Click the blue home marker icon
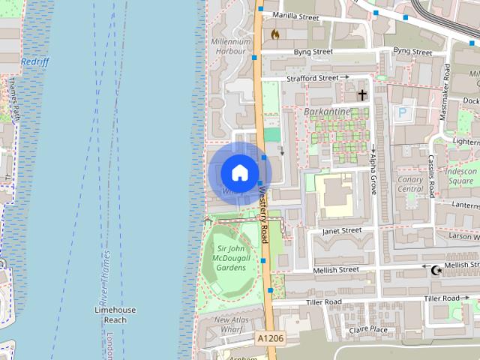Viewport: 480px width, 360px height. (x=238, y=172)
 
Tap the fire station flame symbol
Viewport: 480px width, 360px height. (x=275, y=34)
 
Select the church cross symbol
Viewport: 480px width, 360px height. (x=362, y=95)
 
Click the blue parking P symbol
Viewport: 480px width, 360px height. (x=403, y=112)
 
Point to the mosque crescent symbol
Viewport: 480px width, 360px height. (x=434, y=268)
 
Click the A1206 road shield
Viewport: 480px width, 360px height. (x=270, y=339)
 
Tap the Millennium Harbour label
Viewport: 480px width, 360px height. (x=230, y=46)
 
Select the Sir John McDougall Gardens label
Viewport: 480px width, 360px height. (x=232, y=257)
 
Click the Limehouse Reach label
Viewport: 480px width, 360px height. (x=115, y=314)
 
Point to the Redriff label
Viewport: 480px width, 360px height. (x=35, y=62)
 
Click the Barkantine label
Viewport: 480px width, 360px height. (x=327, y=112)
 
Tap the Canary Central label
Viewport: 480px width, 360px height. (x=410, y=184)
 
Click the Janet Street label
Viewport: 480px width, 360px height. (x=341, y=231)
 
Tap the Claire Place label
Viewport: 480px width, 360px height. (x=367, y=329)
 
